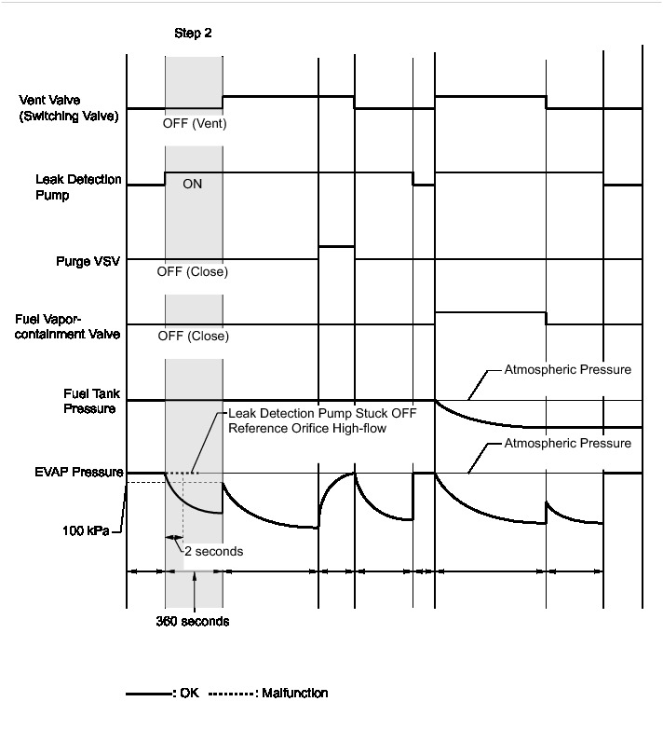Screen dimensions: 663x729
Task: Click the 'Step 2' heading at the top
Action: pos(194,34)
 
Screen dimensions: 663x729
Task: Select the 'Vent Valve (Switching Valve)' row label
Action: pos(69,108)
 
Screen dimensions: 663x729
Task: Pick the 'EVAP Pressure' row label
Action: pos(81,473)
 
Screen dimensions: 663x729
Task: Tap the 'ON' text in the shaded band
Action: pos(193,185)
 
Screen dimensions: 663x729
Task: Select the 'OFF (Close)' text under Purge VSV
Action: pos(194,273)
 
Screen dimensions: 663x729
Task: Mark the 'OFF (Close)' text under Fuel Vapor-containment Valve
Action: pos(194,337)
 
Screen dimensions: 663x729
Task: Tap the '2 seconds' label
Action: pos(213,552)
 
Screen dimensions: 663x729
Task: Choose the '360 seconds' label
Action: pos(192,620)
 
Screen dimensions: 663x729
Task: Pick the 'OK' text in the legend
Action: pos(189,694)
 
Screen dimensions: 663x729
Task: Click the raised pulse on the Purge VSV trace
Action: pos(336,246)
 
